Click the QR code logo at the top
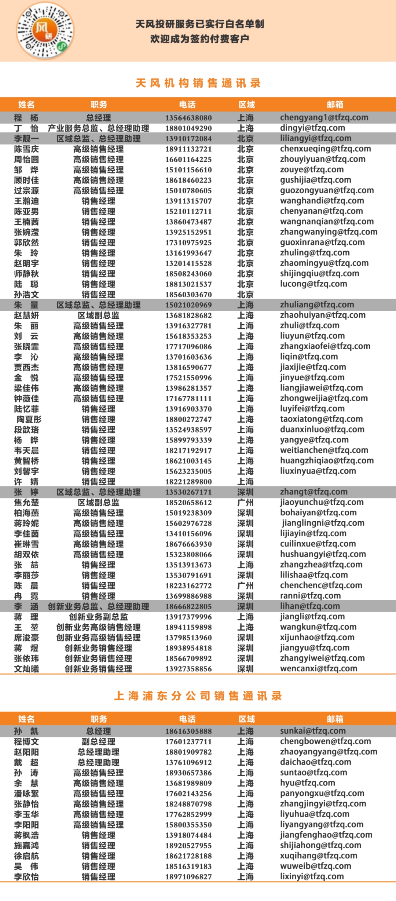(45, 31)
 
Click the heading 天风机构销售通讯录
(198, 83)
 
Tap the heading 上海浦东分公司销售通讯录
(198, 696)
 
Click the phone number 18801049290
(188, 128)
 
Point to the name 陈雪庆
(26, 149)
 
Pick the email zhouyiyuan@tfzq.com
(323, 159)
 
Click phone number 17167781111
(188, 398)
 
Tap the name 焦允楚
(26, 503)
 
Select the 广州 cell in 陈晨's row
(245, 586)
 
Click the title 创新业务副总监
(98, 617)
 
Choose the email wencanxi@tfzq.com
(319, 669)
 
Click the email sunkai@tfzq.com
(313, 731)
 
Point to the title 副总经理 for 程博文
(98, 742)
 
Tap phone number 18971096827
(188, 877)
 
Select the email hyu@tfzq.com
(307, 783)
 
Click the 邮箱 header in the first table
(335, 105)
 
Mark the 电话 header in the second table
(187, 719)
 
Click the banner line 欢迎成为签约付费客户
(199, 39)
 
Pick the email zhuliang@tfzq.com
(317, 305)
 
